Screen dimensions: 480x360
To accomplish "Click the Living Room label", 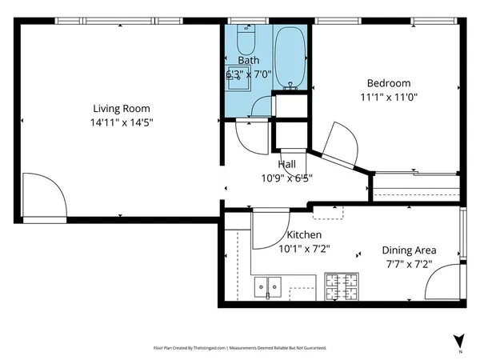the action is coord(122,109).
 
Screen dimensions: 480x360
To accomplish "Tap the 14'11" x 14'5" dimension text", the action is coord(122,122).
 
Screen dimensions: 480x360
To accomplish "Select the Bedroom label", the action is coord(389,83).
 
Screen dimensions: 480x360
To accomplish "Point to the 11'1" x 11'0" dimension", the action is coord(389,98).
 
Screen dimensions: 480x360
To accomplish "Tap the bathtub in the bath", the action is coord(290,58).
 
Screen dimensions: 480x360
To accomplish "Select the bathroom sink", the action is coord(238,78).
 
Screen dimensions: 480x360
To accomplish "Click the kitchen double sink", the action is coord(268,287).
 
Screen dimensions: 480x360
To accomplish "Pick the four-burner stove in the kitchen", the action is coord(342,286).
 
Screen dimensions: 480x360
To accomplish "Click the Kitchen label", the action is coord(304,234).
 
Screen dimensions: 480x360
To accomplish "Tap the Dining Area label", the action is coord(409,250).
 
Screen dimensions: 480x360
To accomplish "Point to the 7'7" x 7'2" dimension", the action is coord(409,264).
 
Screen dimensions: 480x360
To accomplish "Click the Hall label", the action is coord(287,164).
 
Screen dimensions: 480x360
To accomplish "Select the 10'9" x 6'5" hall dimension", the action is coord(287,178).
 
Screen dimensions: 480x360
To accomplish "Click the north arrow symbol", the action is coord(459,341).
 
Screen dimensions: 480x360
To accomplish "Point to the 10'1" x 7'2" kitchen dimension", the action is coord(304,249).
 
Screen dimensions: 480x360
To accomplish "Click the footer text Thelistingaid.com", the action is coord(210,348).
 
